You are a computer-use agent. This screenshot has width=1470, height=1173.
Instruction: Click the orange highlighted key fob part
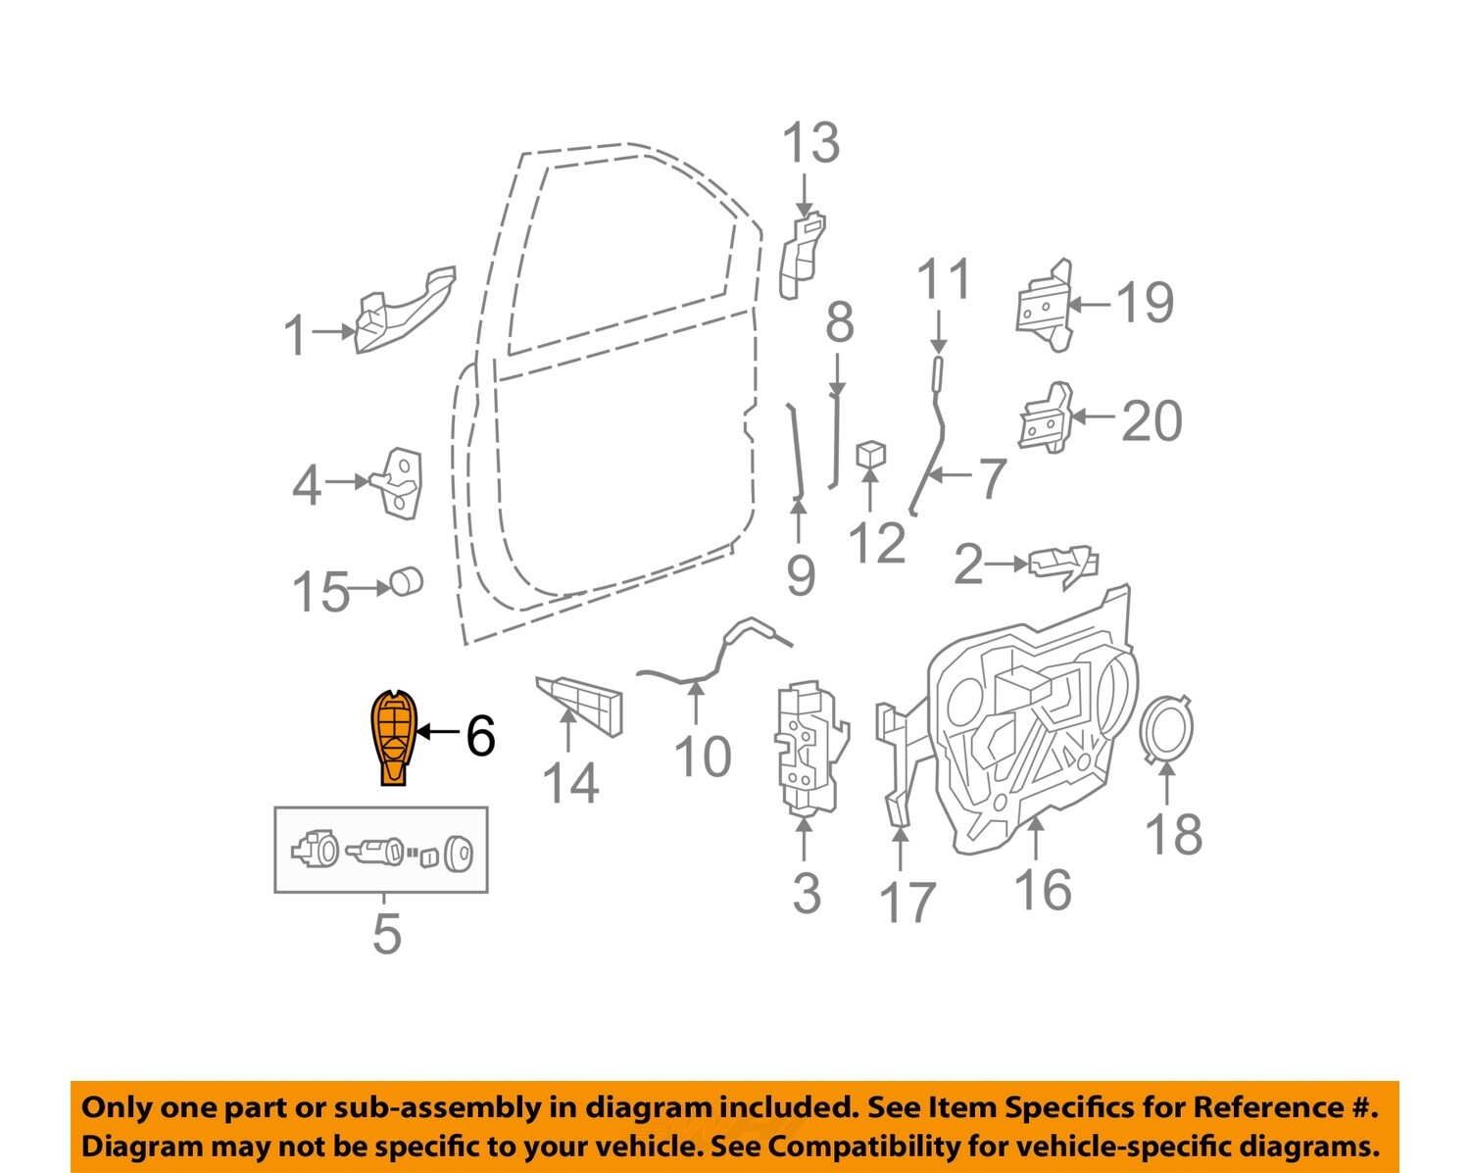(393, 737)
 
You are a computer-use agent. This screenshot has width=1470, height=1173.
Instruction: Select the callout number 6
(480, 736)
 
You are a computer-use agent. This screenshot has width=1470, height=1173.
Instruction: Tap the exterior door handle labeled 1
(405, 310)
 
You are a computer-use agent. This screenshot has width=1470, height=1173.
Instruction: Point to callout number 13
(810, 143)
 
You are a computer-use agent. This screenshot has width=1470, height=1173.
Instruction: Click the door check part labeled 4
(399, 483)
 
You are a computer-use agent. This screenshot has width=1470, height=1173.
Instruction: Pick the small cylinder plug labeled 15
(406, 581)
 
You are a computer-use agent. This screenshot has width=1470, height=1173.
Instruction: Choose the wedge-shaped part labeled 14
(579, 706)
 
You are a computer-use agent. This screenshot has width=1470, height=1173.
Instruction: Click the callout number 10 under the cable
(703, 757)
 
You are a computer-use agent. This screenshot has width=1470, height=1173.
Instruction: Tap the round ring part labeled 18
(1167, 728)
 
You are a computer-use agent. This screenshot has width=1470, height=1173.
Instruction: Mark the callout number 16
(1043, 889)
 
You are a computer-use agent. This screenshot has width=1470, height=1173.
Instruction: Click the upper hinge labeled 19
(1044, 305)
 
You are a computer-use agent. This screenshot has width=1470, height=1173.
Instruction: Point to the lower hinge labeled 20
(1046, 418)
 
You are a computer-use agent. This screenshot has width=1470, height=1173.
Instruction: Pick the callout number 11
(944, 278)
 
